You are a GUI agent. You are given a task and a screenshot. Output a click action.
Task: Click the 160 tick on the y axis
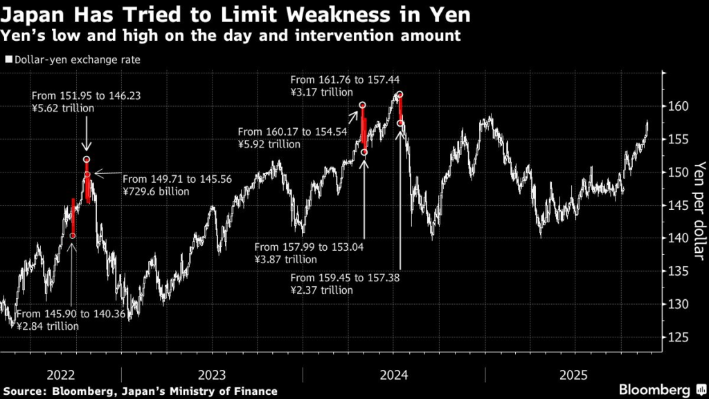point(679,107)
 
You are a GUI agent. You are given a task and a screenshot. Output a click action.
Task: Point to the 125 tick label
point(679,337)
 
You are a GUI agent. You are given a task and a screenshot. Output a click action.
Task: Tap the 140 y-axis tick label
point(679,238)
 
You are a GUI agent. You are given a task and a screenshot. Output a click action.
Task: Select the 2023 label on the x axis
point(211,375)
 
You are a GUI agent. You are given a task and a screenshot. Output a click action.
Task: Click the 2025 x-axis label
point(574,375)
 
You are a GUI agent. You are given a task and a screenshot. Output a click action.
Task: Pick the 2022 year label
point(61,375)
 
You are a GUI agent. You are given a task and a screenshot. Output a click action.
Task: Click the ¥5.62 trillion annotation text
point(63,109)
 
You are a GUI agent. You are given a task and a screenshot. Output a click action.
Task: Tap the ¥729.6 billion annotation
point(156,191)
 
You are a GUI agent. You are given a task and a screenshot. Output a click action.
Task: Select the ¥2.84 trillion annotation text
point(48,326)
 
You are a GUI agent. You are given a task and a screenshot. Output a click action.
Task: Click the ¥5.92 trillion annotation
point(269,144)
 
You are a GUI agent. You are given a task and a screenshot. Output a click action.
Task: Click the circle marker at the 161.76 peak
point(400,95)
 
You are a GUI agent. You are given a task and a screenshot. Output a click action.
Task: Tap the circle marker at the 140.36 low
point(73,236)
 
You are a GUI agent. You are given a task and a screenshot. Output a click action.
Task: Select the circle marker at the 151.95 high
point(87,159)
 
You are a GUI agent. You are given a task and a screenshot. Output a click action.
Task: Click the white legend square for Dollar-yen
point(8,60)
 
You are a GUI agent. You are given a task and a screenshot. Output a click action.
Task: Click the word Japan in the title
point(33,14)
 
